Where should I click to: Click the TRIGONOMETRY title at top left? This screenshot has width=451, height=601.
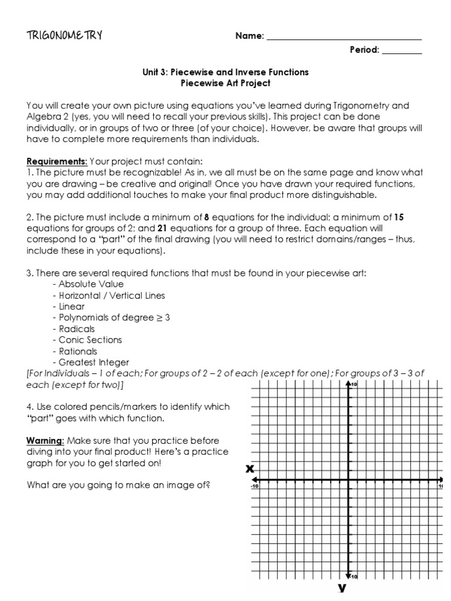pos(64,35)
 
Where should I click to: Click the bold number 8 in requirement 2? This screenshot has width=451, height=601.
pos(206,217)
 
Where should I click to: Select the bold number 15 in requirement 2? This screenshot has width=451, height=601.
pos(399,217)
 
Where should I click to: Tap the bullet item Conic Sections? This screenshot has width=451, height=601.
pos(90,340)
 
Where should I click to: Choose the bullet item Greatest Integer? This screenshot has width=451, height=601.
pos(93,362)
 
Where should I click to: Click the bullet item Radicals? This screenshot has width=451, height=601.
pos(76,329)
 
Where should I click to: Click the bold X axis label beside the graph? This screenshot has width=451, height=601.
pos(250,468)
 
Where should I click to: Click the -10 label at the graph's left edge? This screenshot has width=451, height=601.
pos(255,486)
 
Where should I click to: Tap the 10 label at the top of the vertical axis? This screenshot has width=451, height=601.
pos(355,384)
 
